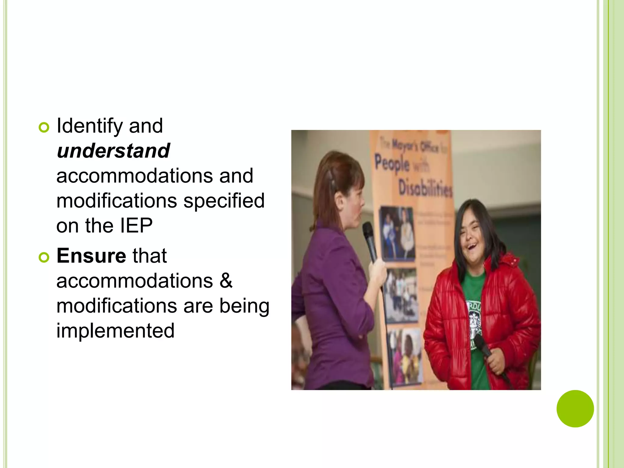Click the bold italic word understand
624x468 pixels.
(113, 151)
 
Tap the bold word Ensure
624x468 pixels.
(91, 256)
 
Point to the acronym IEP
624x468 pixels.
(136, 226)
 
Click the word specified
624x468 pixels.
(224, 201)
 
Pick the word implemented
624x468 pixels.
(115, 331)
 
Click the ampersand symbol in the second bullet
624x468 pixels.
(225, 281)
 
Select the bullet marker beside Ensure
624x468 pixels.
(44, 258)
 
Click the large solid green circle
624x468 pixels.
(575, 409)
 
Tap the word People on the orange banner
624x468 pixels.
(392, 164)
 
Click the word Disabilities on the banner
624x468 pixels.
(425, 188)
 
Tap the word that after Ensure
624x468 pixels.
(149, 256)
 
